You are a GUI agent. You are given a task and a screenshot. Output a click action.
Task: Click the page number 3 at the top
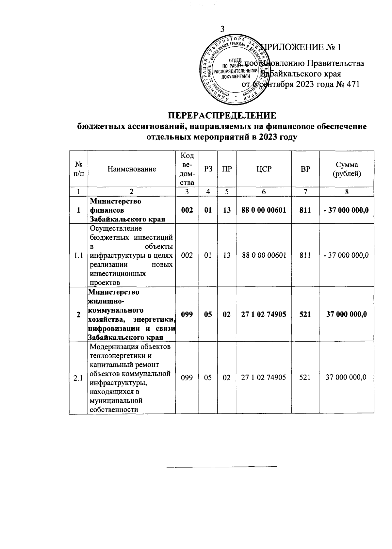tap(222, 29)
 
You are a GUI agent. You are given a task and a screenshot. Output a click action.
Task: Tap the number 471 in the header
tap(352, 84)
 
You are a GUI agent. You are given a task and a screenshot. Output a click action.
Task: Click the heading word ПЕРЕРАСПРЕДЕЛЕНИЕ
tap(222, 116)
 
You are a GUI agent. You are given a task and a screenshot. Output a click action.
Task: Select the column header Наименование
tap(132, 169)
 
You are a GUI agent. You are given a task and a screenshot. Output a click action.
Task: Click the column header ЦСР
tap(264, 169)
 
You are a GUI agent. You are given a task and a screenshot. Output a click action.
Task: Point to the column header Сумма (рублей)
tap(346, 169)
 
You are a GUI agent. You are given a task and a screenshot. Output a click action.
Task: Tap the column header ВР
tap(305, 169)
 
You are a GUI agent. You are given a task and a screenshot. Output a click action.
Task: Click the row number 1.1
tap(78, 255)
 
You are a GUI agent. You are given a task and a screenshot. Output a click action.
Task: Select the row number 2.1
tap(78, 378)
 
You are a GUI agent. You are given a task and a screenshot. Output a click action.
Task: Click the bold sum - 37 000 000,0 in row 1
tap(346, 210)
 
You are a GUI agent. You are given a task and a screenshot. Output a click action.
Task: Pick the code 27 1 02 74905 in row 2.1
tap(264, 378)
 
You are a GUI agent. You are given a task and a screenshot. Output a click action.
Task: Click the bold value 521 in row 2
tap(305, 314)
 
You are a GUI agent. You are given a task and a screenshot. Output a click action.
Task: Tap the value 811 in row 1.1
tap(305, 255)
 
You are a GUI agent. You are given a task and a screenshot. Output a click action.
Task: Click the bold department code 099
tap(187, 314)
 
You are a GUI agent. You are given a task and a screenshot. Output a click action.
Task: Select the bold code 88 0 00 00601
tap(264, 210)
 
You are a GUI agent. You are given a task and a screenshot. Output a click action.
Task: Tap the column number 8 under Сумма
tap(347, 192)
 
